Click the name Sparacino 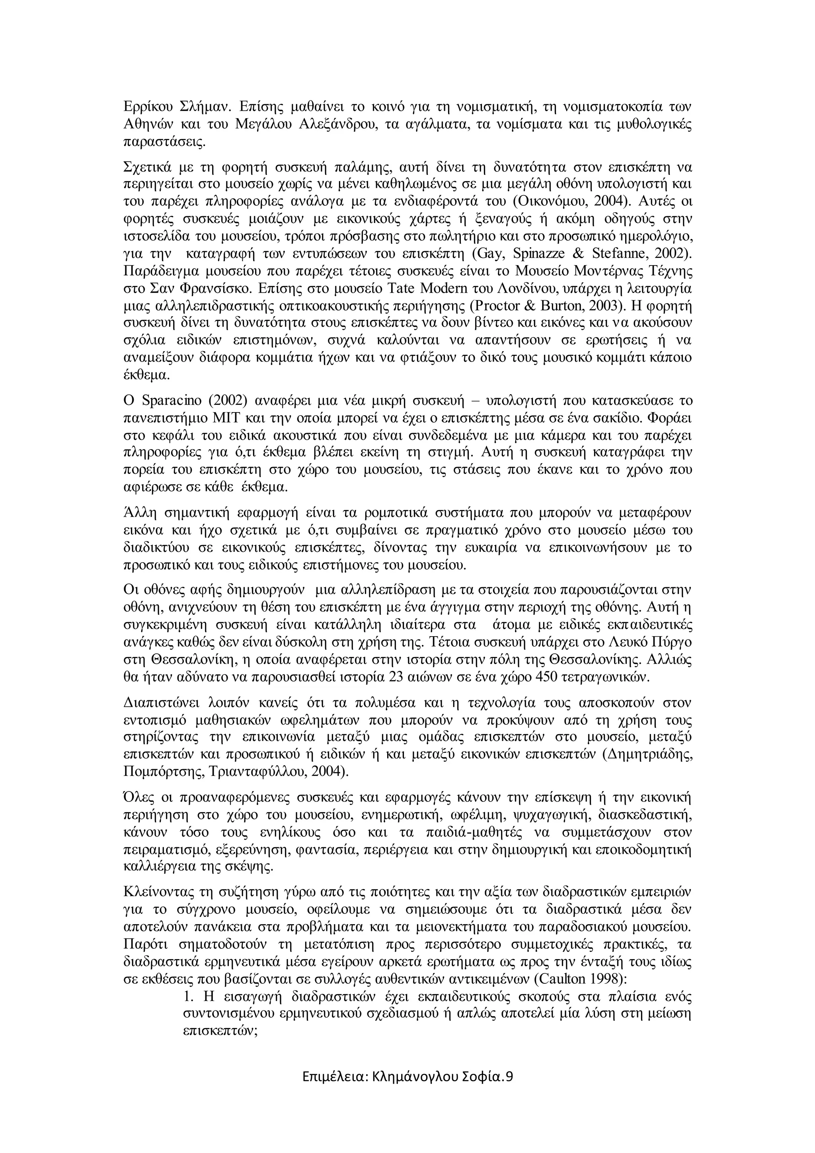point(172,401)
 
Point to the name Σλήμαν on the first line point(205,107)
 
